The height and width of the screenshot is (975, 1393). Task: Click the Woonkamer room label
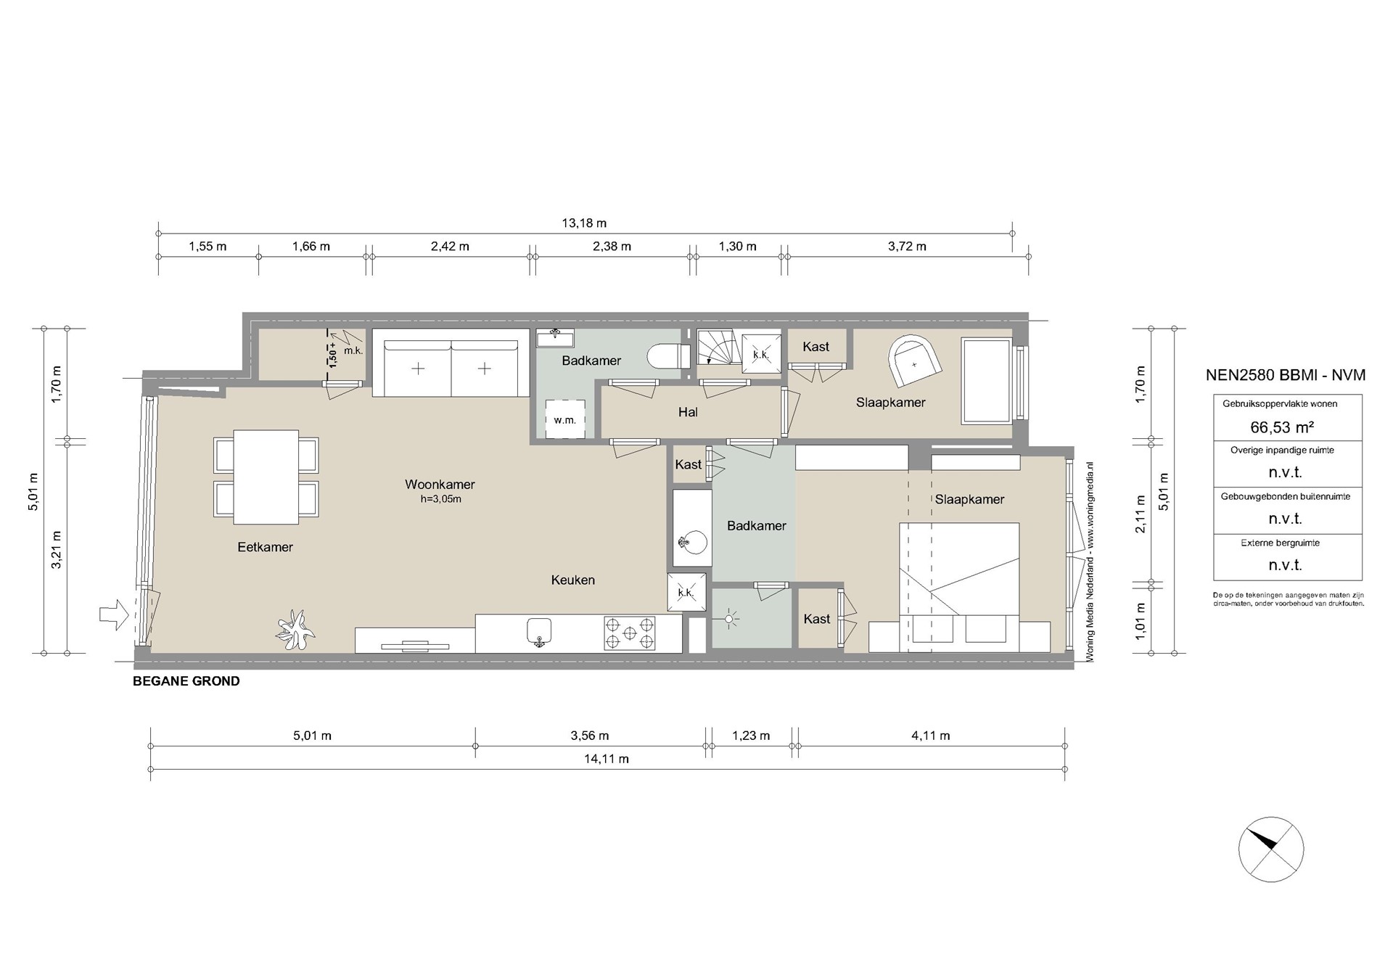coord(440,485)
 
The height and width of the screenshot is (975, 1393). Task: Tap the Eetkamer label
coord(266,547)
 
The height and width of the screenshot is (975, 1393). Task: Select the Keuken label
coord(573,580)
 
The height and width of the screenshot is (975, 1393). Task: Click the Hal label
coord(688,412)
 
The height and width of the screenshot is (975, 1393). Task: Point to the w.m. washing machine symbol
coord(565,419)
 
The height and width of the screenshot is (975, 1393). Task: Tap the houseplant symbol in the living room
coord(295,629)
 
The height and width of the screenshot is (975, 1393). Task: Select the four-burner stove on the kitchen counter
coord(629,633)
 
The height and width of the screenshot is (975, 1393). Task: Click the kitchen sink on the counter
coord(538,632)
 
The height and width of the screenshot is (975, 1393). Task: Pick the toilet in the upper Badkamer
coord(667,356)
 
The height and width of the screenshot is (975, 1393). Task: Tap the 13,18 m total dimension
coord(584,223)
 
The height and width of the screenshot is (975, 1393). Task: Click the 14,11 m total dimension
coord(607,759)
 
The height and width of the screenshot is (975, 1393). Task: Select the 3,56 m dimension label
coord(589,736)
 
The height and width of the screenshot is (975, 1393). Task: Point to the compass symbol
coord(1271,849)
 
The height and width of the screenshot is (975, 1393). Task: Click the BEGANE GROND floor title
coord(186,681)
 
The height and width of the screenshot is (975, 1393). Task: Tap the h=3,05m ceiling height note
coord(440,499)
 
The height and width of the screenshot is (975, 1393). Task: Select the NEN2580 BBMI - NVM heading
coord(1286,375)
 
